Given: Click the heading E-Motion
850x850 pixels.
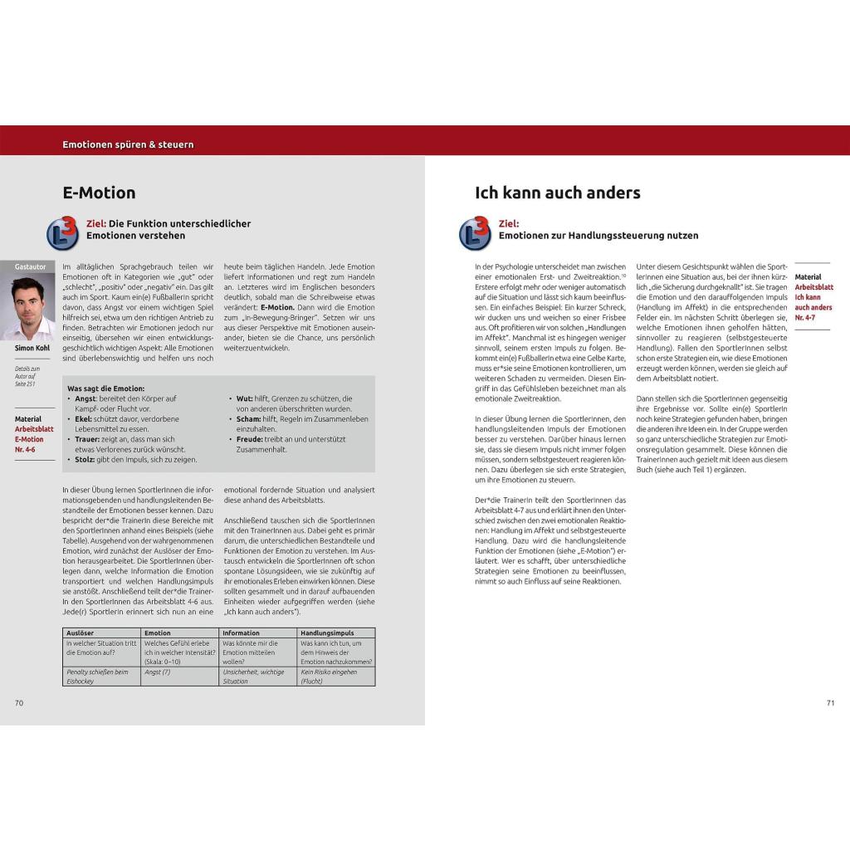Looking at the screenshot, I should click(99, 193).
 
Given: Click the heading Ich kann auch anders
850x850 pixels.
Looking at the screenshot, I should click(557, 193).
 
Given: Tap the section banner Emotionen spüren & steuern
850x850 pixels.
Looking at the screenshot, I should click(128, 144).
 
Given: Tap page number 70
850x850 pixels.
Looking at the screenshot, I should click(19, 703).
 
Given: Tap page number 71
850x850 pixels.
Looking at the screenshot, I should click(830, 703).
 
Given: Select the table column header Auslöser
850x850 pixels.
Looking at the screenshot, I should click(80, 633).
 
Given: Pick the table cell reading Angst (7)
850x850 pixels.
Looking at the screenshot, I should click(157, 672).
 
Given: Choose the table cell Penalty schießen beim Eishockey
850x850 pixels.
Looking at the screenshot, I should click(98, 677).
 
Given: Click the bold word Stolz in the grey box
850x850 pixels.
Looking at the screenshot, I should click(85, 459).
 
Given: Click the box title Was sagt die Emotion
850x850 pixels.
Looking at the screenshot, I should click(105, 388).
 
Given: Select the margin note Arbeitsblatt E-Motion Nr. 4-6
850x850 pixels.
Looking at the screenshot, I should click(30, 434).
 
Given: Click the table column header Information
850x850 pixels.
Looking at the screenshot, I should click(241, 633).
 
